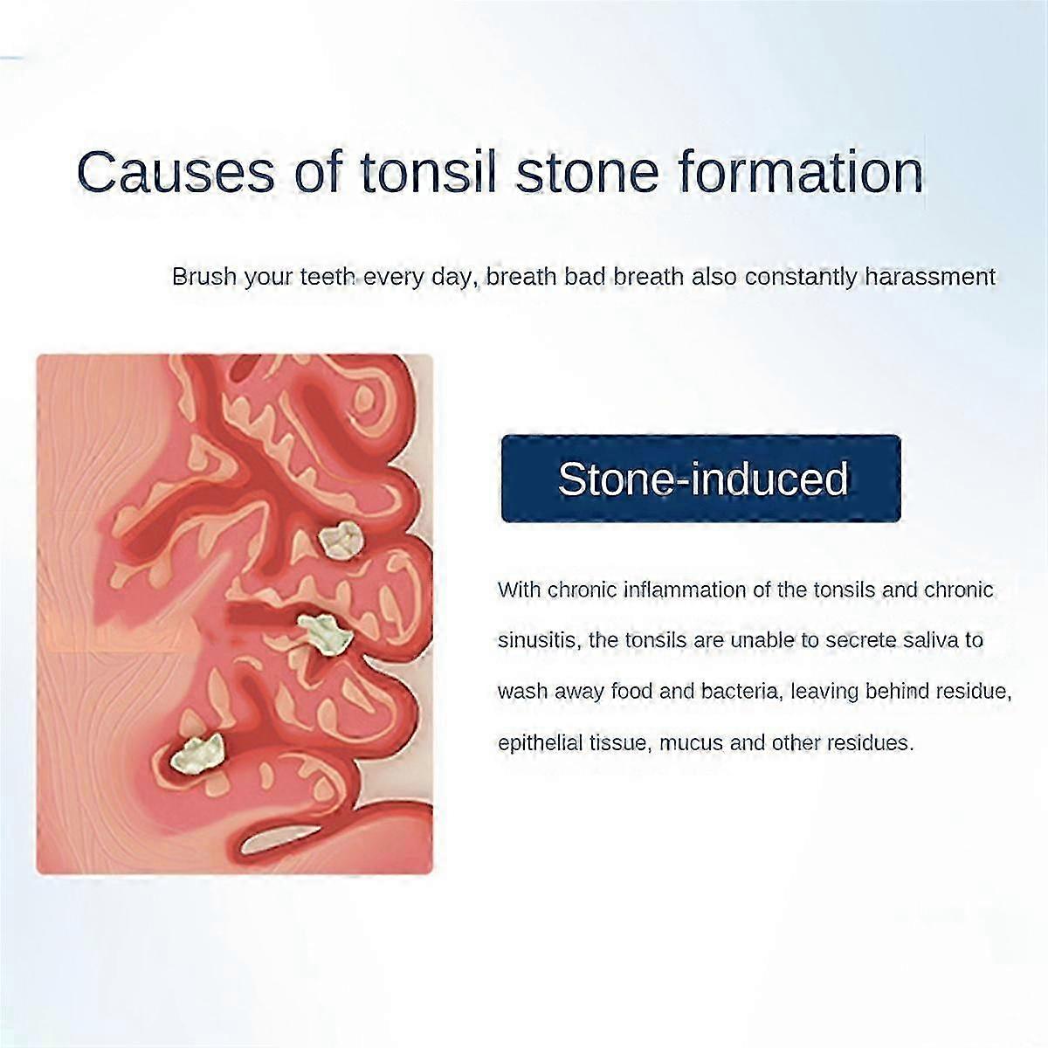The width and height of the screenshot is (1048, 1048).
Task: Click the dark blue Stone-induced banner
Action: point(700,479)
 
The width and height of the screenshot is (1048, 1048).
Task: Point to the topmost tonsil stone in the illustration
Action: point(339,540)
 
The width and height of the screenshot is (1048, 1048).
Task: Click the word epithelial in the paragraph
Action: point(541,743)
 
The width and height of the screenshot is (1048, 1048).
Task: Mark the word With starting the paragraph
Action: point(520,589)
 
